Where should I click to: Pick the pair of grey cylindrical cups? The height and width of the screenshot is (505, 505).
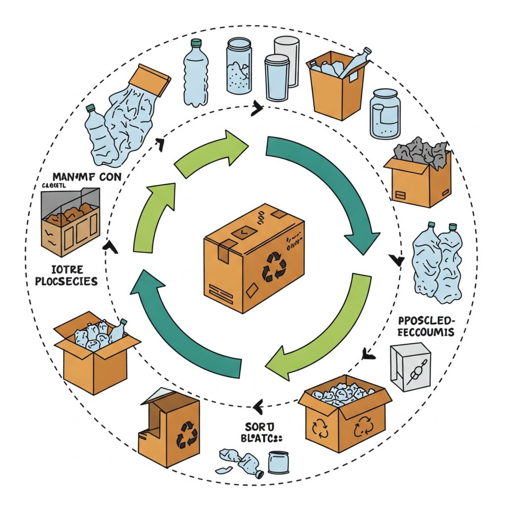(280, 64)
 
